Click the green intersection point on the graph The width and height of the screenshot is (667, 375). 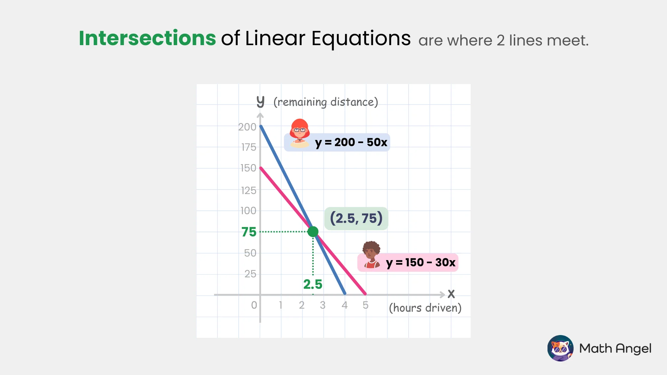click(313, 232)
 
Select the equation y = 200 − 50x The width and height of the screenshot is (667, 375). click(351, 142)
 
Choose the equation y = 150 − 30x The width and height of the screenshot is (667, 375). click(420, 262)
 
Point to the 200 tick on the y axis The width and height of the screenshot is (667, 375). click(247, 127)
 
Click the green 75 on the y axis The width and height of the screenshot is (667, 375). click(249, 232)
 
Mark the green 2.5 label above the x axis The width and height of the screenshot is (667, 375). click(313, 284)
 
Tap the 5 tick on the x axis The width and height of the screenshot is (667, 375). click(365, 305)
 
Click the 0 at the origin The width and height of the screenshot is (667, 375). click(254, 305)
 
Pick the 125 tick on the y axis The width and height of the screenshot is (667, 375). click(248, 191)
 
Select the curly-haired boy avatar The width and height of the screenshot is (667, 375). click(371, 255)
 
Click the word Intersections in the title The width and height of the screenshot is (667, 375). click(147, 38)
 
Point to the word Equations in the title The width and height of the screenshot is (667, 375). click(361, 38)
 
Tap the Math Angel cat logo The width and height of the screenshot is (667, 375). click(560, 348)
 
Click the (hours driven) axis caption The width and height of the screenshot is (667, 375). click(425, 308)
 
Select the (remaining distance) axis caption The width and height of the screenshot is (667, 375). click(326, 102)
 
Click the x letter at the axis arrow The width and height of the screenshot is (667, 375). click(451, 294)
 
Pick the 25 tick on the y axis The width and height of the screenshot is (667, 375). click(250, 274)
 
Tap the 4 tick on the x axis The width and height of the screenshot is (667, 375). click(345, 305)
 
